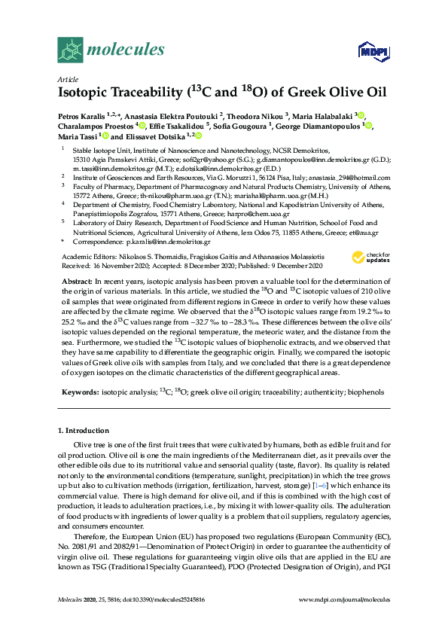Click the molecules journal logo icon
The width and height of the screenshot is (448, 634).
pyautogui.click(x=70, y=50)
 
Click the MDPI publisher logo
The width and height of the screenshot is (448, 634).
pyautogui.click(x=367, y=51)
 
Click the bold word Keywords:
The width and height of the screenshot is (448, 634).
pyautogui.click(x=79, y=393)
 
